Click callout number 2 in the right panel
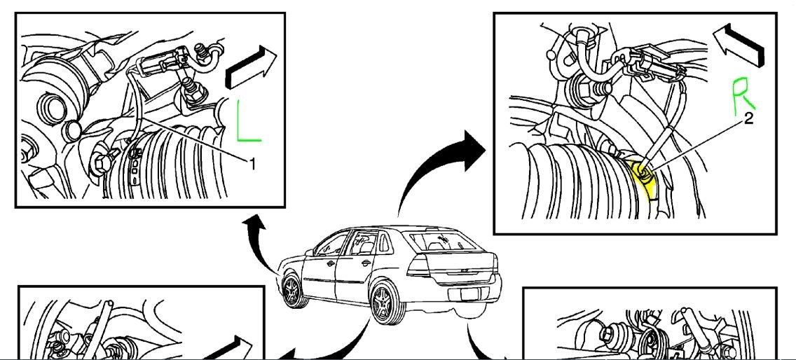click(748, 120)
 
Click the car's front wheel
click(292, 289)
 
